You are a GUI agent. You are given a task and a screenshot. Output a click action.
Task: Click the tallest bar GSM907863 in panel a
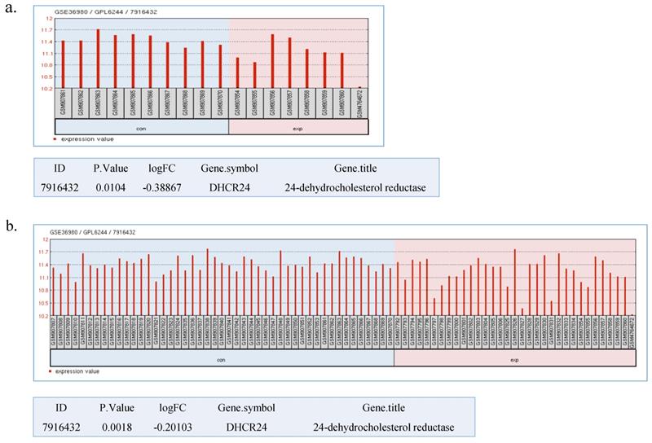[x=98, y=59]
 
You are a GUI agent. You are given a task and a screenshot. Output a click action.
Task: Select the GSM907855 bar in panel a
[x=254, y=75]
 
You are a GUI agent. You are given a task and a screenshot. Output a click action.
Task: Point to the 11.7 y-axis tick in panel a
[x=48, y=30]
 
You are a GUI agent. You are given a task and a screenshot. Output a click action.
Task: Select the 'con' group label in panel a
[x=141, y=127]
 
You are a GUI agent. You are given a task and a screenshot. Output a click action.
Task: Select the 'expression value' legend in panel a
[x=85, y=140]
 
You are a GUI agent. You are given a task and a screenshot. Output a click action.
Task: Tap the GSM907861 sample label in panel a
[x=63, y=103]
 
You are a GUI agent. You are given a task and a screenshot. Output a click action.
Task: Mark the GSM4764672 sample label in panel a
[x=359, y=103]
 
